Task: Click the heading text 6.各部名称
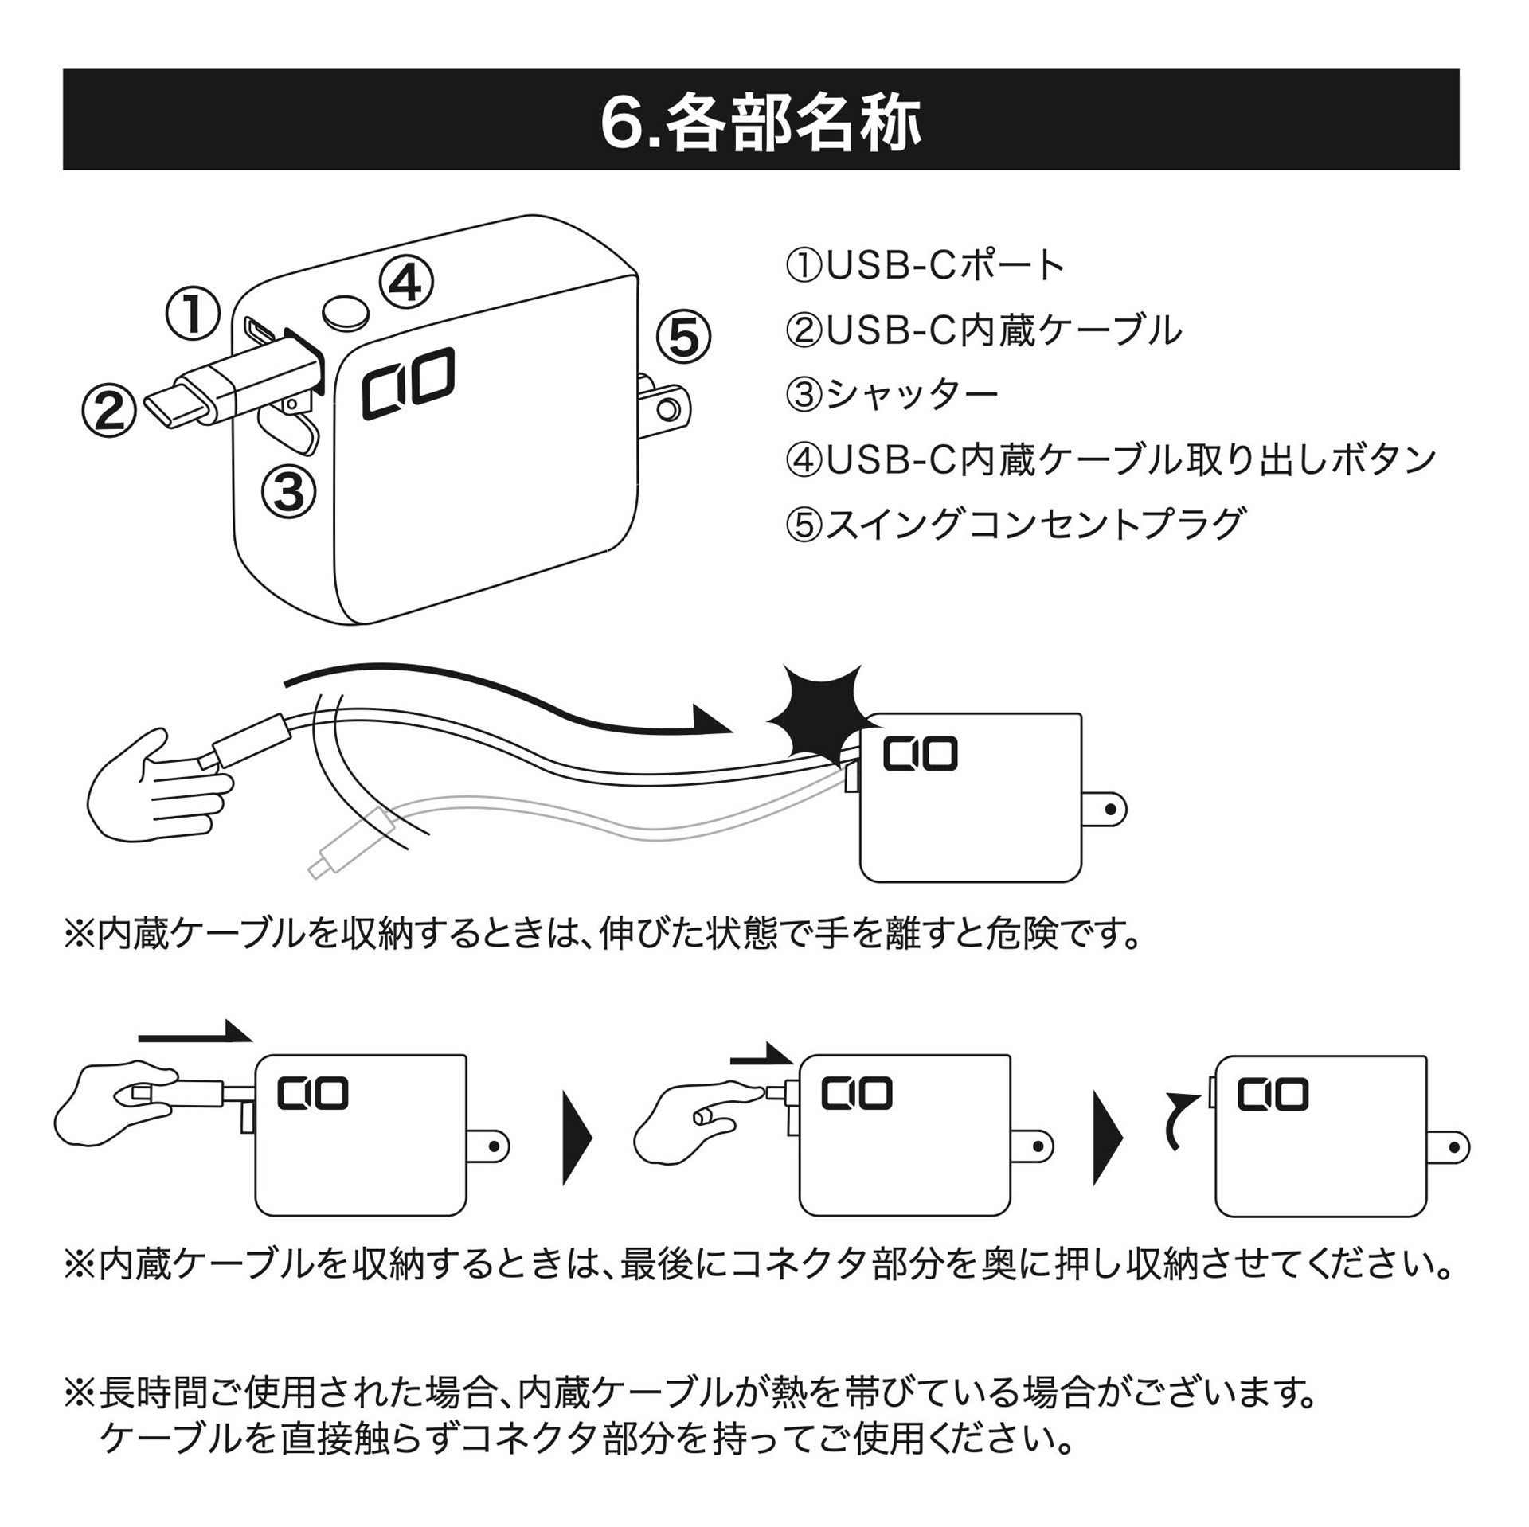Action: tap(761, 123)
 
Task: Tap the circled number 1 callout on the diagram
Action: tap(193, 314)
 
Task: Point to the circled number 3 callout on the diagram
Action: tap(288, 490)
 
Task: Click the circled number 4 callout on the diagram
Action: tap(406, 282)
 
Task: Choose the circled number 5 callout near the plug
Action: tap(683, 338)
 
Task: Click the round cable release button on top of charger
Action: tap(346, 313)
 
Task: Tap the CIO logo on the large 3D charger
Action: tap(408, 383)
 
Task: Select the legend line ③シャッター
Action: tap(892, 395)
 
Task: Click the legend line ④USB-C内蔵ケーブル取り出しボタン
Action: tap(1110, 459)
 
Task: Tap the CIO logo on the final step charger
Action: tap(1273, 1095)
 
